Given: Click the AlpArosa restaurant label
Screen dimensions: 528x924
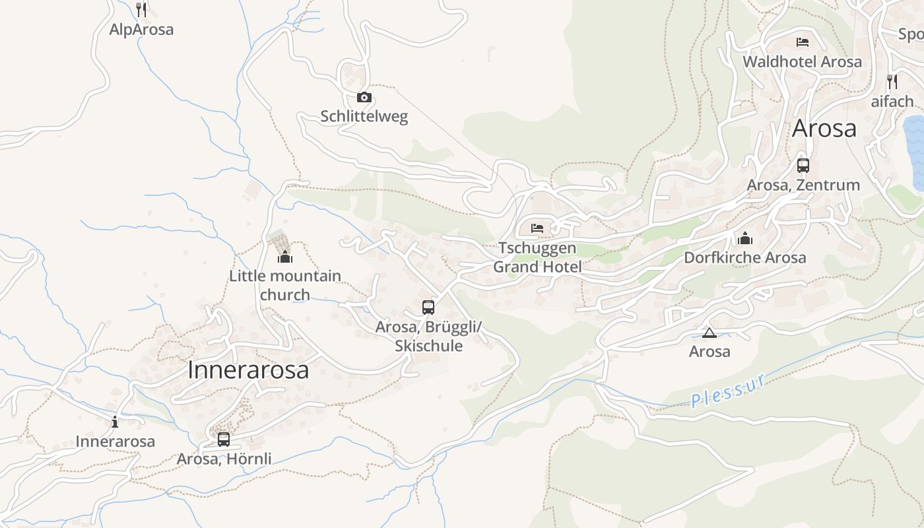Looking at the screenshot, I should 141,30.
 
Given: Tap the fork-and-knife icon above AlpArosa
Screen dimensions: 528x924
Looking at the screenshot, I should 141,9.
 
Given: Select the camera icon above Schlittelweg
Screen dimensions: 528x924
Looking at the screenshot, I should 364,98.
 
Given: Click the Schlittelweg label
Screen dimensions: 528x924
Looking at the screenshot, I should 364,117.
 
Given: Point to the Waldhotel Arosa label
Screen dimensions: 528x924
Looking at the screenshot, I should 802,62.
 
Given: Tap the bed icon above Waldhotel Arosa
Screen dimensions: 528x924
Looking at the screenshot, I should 803,42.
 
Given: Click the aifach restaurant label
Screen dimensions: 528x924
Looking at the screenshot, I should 892,102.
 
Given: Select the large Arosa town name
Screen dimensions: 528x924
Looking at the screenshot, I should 824,128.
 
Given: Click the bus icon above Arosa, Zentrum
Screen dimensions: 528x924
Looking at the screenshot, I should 803,166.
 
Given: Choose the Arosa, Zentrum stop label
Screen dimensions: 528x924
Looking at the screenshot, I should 803,185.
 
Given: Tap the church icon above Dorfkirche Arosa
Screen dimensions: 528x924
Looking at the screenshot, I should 745,238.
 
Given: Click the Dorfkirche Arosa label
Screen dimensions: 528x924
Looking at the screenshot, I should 745,257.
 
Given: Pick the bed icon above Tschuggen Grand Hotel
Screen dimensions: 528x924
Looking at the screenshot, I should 537,228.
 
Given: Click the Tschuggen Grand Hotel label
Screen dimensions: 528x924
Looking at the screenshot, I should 537,257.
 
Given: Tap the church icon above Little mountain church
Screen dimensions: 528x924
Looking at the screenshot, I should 285,256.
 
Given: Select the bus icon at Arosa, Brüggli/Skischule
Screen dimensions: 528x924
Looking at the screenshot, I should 428,307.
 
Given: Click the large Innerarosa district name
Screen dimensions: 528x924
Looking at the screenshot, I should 248,370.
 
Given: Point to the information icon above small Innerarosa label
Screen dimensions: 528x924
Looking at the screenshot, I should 115,422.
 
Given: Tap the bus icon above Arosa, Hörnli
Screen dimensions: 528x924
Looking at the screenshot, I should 224,439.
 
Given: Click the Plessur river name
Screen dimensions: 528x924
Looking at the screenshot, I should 729,391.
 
